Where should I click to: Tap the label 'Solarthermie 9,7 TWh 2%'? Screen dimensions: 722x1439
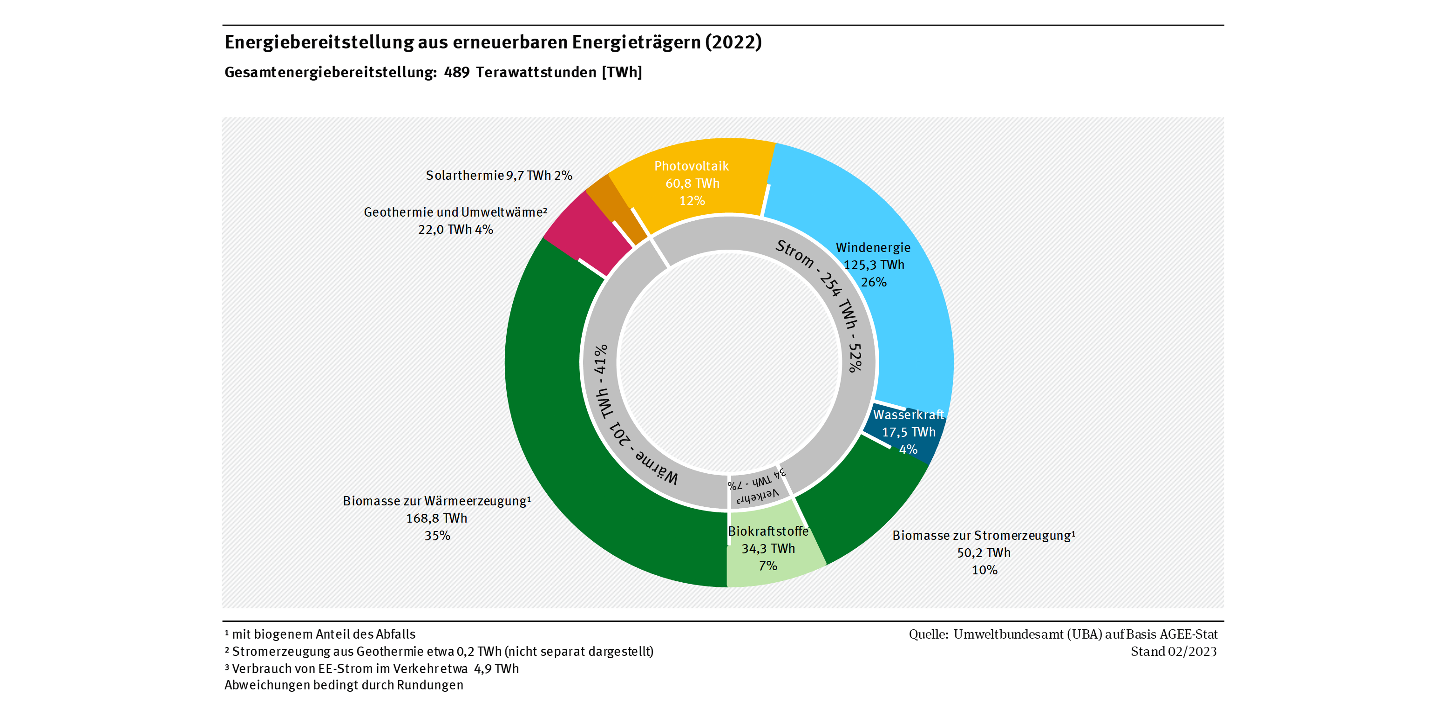[x=499, y=176]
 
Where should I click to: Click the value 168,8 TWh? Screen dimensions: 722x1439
[x=436, y=518]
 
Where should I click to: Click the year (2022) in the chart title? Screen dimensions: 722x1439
[x=733, y=42]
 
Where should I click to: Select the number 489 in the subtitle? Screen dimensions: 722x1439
[x=456, y=73]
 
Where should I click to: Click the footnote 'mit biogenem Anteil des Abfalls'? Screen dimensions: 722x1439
[x=324, y=634]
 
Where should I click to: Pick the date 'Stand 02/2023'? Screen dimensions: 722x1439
[x=1173, y=652]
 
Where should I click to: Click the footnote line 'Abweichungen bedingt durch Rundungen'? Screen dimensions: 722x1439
[x=344, y=685]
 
